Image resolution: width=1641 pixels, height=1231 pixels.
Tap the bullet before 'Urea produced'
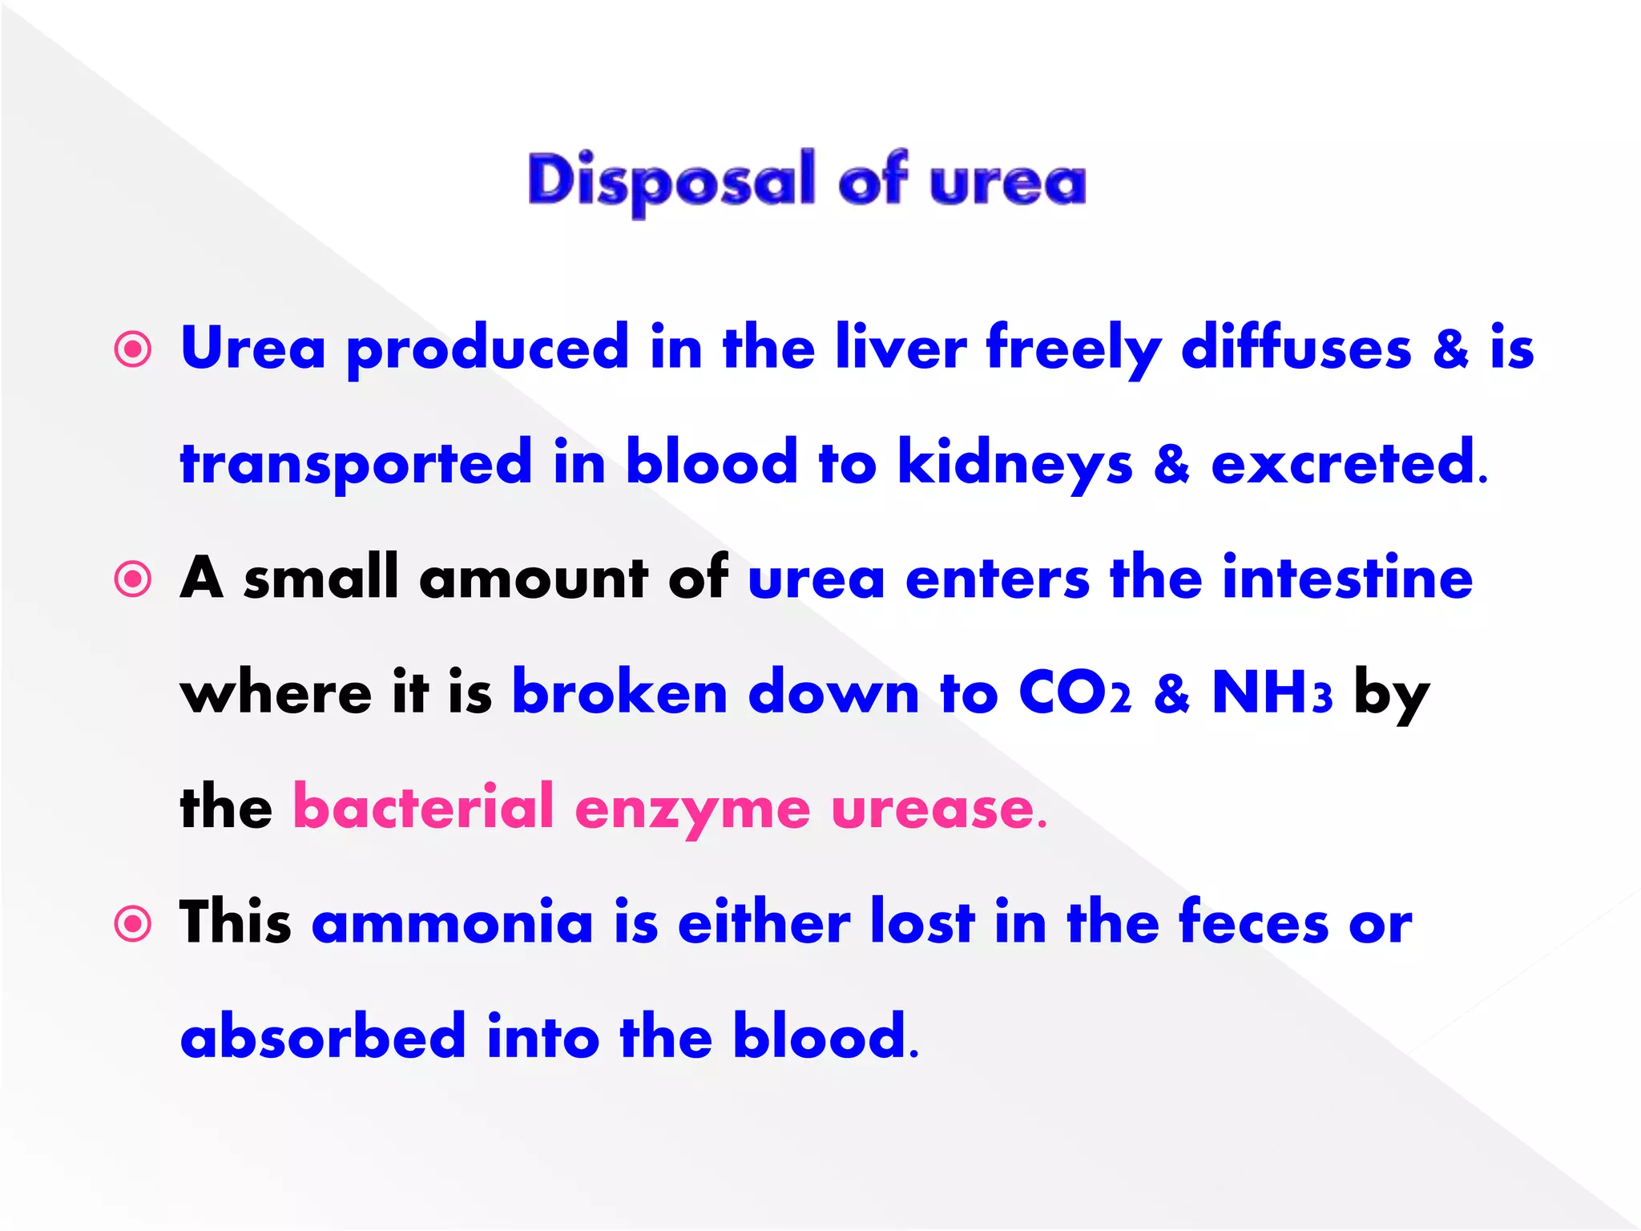coord(133,350)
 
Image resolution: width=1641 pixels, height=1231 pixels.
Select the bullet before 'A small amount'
coord(133,579)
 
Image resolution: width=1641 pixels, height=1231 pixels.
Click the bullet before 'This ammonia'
coord(133,924)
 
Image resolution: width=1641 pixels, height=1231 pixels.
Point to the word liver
coord(901,349)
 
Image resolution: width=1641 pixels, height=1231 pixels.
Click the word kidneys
coord(1014,465)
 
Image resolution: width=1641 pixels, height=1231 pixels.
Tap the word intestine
coord(1347,578)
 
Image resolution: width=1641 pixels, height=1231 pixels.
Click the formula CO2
coord(1075,693)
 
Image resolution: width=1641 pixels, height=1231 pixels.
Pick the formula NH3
coord(1272,693)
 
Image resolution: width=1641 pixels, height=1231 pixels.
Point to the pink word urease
coord(937,809)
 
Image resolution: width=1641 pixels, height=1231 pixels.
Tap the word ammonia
coord(453,923)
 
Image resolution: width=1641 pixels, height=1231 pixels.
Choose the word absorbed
coord(323,1036)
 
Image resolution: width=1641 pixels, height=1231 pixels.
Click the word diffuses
coord(1296,349)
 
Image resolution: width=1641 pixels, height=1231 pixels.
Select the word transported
coord(356,465)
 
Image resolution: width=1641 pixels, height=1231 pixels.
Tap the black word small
coord(321,578)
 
